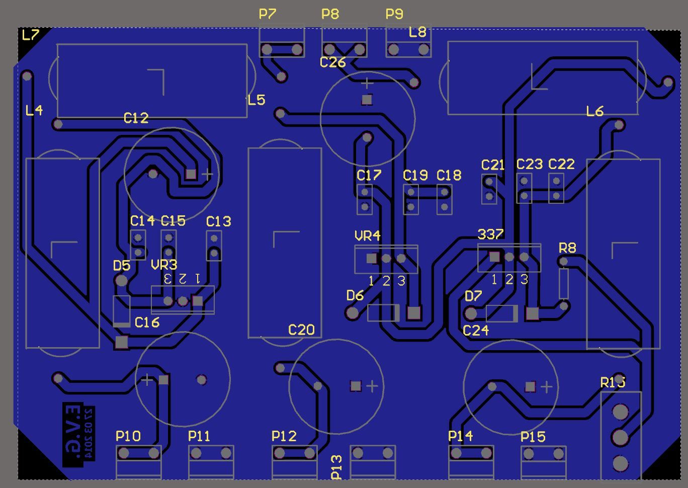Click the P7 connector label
[267, 14]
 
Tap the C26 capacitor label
[332, 62]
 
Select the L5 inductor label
[256, 100]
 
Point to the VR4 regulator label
[368, 236]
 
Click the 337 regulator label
[490, 234]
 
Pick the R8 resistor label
[567, 248]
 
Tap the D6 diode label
[355, 296]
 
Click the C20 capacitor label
[301, 330]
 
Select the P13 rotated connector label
[336, 467]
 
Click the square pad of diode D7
[532, 313]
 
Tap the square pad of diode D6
[413, 313]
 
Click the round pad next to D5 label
[121, 281]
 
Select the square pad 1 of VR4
[372, 259]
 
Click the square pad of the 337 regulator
[494, 257]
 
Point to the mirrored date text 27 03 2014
[89, 433]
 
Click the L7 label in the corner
[31, 35]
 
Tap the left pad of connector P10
[124, 454]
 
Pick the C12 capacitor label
[136, 118]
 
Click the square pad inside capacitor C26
[367, 100]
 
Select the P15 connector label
[533, 437]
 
